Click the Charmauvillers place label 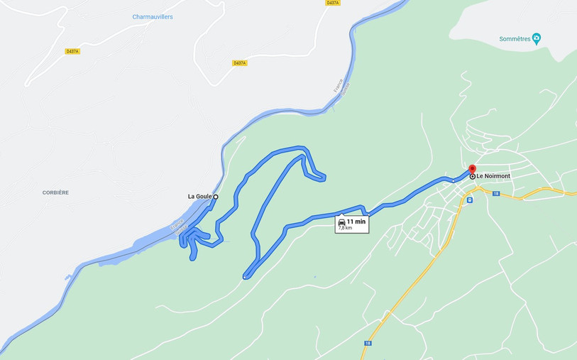click(153, 17)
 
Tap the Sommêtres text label click(515, 39)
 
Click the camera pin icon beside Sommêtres click(537, 38)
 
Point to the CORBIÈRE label click(55, 192)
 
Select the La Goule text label click(199, 197)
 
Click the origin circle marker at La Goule click(216, 197)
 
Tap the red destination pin click(472, 169)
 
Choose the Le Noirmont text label click(493, 176)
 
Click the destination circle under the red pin click(473, 176)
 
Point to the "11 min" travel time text click(356, 222)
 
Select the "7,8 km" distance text click(345, 228)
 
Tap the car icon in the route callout click(342, 222)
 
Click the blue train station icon click(469, 200)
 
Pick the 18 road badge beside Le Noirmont click(496, 193)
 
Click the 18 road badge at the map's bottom click(367, 343)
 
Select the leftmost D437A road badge click(72, 51)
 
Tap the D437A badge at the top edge click(332, 3)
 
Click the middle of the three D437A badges click(240, 63)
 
